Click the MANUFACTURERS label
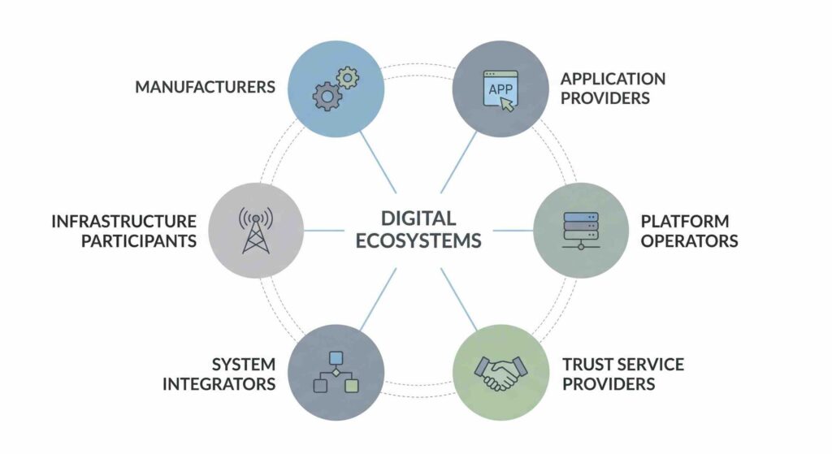tap(205, 87)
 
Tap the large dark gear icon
tap(327, 96)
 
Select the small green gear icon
tap(348, 78)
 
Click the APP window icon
tap(500, 89)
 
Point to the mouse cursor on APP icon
tap(507, 105)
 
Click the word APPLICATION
tap(613, 79)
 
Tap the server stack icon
tap(581, 230)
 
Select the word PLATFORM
tap(684, 221)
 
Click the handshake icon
tap(500, 373)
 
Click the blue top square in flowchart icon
tap(336, 358)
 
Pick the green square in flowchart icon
tap(351, 386)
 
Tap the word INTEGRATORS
tap(219, 384)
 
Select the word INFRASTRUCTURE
tap(123, 221)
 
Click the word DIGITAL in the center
tap(418, 218)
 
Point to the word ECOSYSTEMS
tap(418, 240)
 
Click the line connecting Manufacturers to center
tap(378, 162)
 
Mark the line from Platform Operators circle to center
tap(513, 230)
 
